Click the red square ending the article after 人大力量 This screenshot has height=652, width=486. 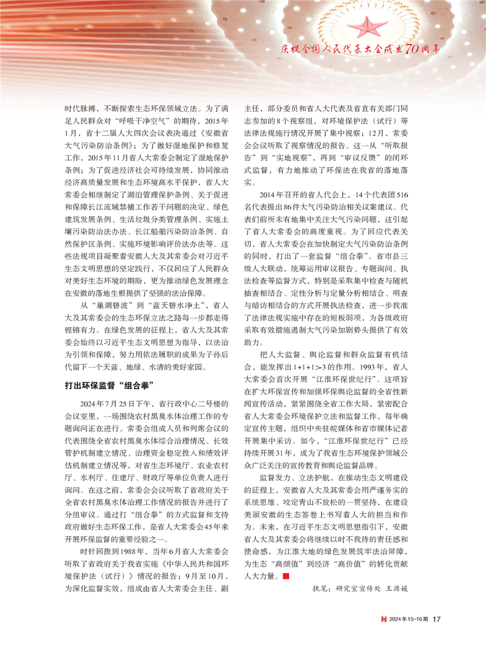tap(286, 577)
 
